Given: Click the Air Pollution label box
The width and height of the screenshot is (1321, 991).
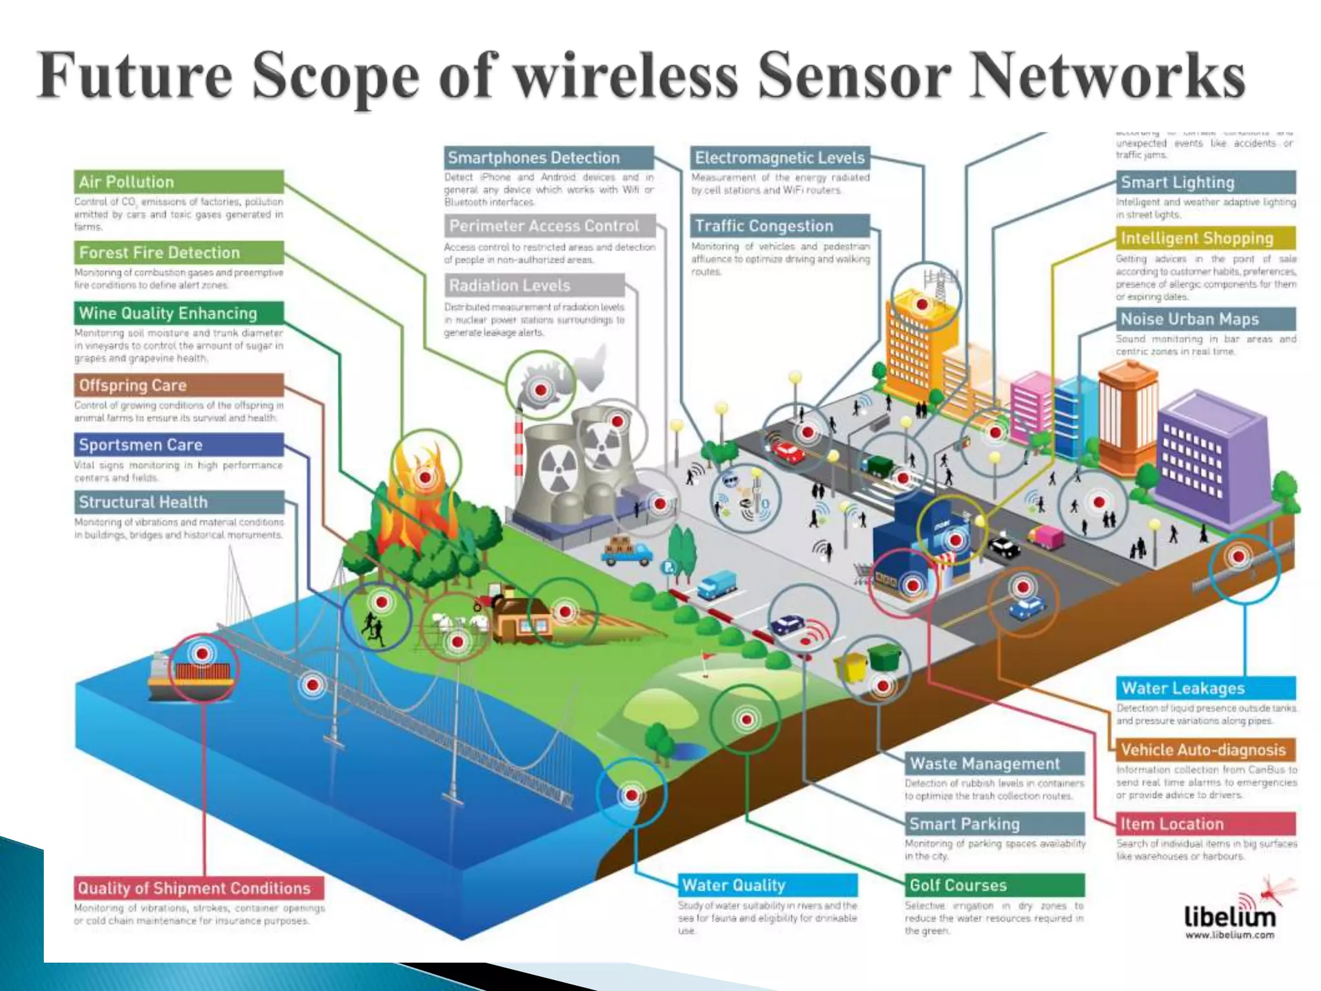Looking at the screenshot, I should pos(179,182).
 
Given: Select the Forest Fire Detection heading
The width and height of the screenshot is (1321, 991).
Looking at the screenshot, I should pos(179,252).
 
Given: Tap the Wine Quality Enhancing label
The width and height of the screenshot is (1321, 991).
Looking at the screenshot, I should pos(179,314).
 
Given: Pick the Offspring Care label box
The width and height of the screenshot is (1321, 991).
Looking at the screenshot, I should pos(179,385).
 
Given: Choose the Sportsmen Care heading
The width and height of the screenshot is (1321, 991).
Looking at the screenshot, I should pos(179,445).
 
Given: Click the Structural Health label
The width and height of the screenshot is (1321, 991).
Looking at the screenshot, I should pos(179,502).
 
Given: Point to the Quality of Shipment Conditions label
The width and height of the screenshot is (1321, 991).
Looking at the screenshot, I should pos(199,888).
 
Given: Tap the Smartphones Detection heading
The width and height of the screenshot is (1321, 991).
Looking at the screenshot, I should pos(548,158).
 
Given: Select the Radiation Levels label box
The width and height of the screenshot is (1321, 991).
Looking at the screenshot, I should pos(534,285).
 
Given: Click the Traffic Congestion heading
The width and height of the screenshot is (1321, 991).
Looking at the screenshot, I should pos(780,226).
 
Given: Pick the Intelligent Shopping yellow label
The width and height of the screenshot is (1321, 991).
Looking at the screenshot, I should pos(1206,238).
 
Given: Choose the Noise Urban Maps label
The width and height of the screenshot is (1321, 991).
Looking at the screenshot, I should pos(1206,319).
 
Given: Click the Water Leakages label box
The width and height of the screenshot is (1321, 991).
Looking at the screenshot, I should pos(1206,688).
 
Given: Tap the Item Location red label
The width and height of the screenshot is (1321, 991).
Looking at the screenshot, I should pos(1206,824).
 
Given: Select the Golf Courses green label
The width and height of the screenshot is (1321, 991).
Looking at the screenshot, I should pos(994,885).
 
